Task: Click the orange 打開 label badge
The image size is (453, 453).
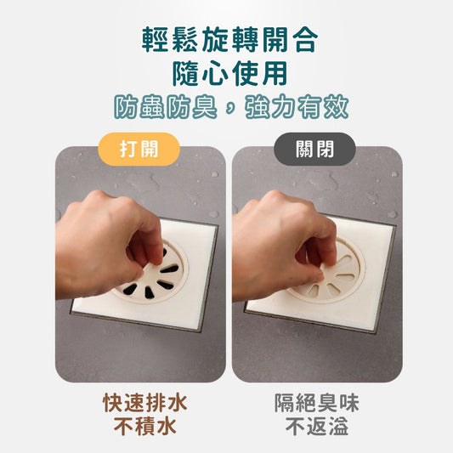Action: [139, 149]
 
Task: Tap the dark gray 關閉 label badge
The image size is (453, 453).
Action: [314, 149]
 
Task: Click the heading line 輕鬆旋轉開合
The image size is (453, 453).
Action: [229, 40]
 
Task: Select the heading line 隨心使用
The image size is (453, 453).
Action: [229, 73]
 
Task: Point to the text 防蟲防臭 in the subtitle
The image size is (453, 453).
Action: [165, 106]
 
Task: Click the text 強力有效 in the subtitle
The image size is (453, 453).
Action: [297, 106]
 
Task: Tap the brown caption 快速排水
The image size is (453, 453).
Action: [145, 403]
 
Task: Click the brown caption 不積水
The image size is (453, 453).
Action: [145, 426]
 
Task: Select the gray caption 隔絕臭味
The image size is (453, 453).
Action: [317, 403]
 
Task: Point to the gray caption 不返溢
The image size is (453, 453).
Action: [317, 426]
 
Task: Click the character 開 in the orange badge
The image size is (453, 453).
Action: [149, 149]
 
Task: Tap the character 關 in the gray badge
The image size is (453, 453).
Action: [305, 149]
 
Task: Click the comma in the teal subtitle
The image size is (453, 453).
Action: [230, 109]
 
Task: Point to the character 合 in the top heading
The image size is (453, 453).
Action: [304, 40]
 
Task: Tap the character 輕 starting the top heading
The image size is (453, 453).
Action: [156, 40]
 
